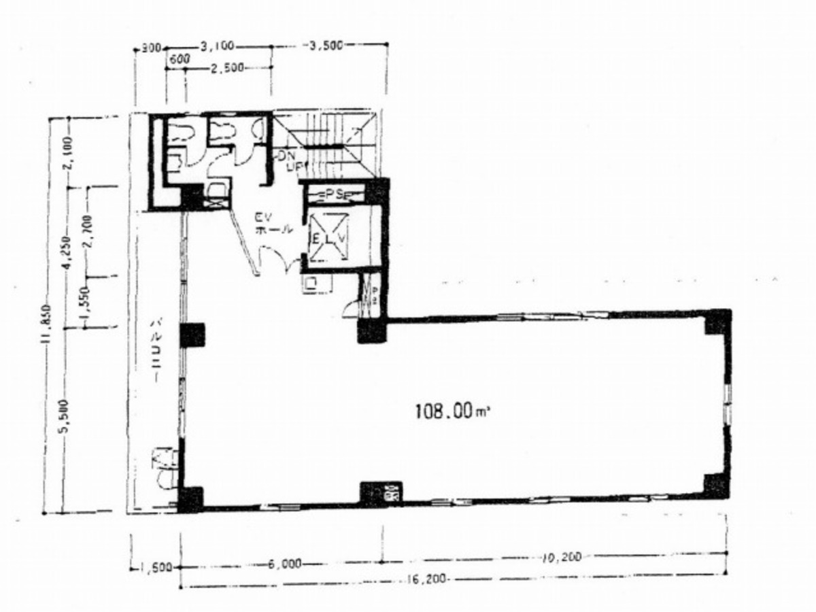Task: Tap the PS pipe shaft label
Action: click(x=333, y=194)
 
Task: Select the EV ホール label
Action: click(x=273, y=224)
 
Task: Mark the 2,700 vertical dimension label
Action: click(x=88, y=232)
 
